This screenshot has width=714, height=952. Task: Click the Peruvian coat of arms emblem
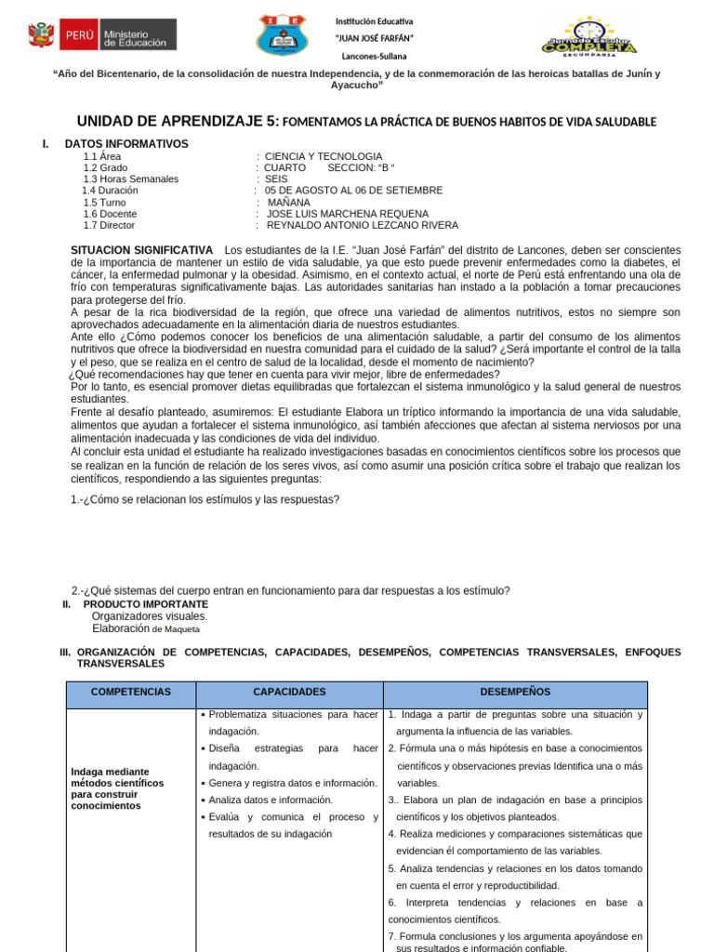(x=41, y=36)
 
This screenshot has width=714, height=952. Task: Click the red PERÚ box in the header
(x=77, y=36)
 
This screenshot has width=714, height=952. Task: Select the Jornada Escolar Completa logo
(x=588, y=37)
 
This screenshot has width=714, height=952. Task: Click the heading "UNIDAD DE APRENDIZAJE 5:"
(x=176, y=122)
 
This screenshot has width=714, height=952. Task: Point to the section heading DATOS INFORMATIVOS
(x=126, y=144)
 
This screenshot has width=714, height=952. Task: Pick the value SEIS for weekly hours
(x=276, y=178)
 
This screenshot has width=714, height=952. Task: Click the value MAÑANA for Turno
(x=290, y=202)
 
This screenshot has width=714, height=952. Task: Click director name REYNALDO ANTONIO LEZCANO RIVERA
(x=362, y=225)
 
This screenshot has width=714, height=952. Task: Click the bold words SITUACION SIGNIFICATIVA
(x=142, y=251)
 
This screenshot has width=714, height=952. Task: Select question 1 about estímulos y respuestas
(x=205, y=499)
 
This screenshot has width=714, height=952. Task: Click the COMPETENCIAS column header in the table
(x=130, y=693)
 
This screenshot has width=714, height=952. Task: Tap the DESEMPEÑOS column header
(x=514, y=693)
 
